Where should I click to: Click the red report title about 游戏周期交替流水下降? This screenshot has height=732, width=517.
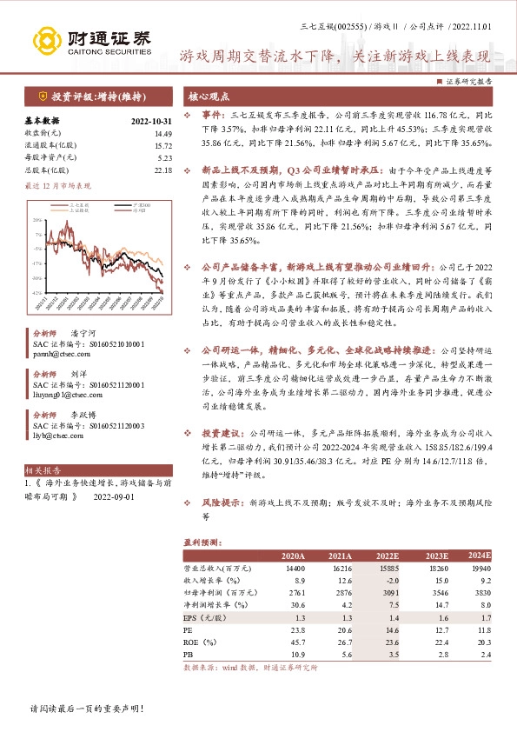tap(334, 57)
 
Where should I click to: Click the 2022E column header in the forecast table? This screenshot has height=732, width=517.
tap(387, 556)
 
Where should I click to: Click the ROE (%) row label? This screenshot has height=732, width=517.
tap(204, 641)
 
